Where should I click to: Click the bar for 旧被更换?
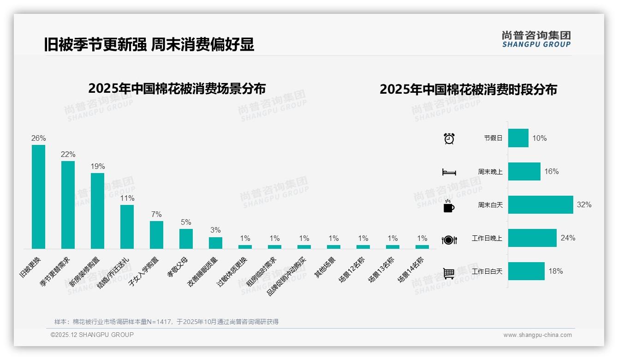click(x=38, y=197)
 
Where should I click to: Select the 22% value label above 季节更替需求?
click(x=68, y=154)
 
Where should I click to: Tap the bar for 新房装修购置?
click(x=97, y=211)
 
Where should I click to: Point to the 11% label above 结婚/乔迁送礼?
click(x=127, y=198)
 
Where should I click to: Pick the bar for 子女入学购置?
click(x=156, y=235)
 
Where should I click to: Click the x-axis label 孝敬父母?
click(x=177, y=267)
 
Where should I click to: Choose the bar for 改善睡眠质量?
click(x=215, y=243)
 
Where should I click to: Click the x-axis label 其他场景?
click(x=325, y=267)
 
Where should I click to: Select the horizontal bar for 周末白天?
click(x=541, y=204)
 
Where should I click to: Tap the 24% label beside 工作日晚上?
click(x=568, y=238)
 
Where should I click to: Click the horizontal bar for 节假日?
click(x=518, y=138)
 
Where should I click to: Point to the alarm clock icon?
click(x=449, y=138)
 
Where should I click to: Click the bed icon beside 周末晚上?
click(x=449, y=172)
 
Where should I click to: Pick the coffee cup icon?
click(x=449, y=206)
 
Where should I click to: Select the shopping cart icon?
click(x=449, y=273)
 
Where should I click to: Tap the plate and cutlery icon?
click(x=449, y=240)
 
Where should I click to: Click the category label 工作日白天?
click(x=487, y=271)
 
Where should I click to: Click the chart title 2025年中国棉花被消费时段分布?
click(x=468, y=89)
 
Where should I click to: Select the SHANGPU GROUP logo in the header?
click(x=536, y=39)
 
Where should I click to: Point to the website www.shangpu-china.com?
click(x=537, y=335)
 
